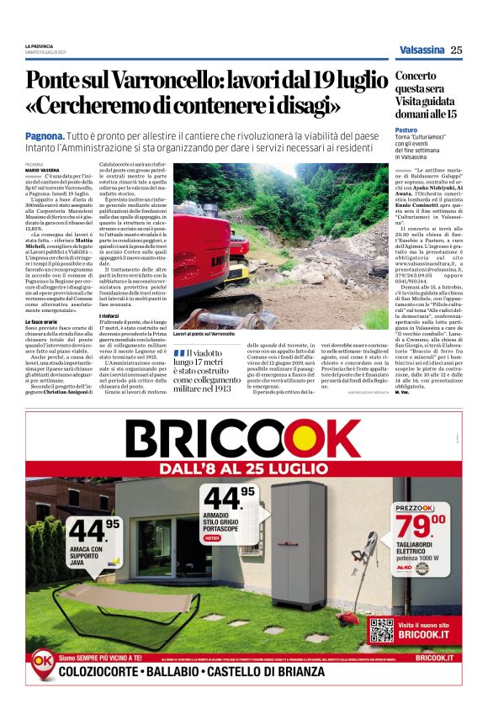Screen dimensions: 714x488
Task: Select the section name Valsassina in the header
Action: (422, 50)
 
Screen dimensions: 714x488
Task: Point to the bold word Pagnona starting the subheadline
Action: (45, 135)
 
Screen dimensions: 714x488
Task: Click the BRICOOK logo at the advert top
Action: (244, 439)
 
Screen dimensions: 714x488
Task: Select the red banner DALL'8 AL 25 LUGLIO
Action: (243, 466)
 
